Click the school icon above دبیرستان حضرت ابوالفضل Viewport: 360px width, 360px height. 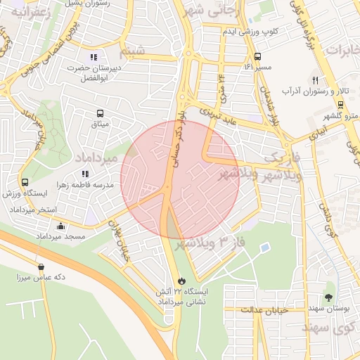pyautogui.click(x=94, y=57)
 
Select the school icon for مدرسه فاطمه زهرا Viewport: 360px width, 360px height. pyautogui.click(x=85, y=174)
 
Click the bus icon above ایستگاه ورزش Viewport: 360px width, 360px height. pyautogui.click(x=25, y=182)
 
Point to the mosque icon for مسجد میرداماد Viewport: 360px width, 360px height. pyautogui.click(x=61, y=226)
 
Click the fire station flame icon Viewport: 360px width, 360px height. pyautogui.click(x=182, y=281)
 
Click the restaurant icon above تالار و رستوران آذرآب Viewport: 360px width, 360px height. pyautogui.click(x=315, y=80)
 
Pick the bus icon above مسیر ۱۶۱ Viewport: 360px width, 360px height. pyautogui.click(x=257, y=56)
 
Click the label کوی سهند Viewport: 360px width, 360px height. pyautogui.click(x=327, y=328)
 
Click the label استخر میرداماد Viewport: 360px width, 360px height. pyautogui.click(x=29, y=210)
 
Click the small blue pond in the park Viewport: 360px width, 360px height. pyautogui.click(x=264, y=247)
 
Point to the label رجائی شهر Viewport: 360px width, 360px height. pyautogui.click(x=212, y=11)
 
